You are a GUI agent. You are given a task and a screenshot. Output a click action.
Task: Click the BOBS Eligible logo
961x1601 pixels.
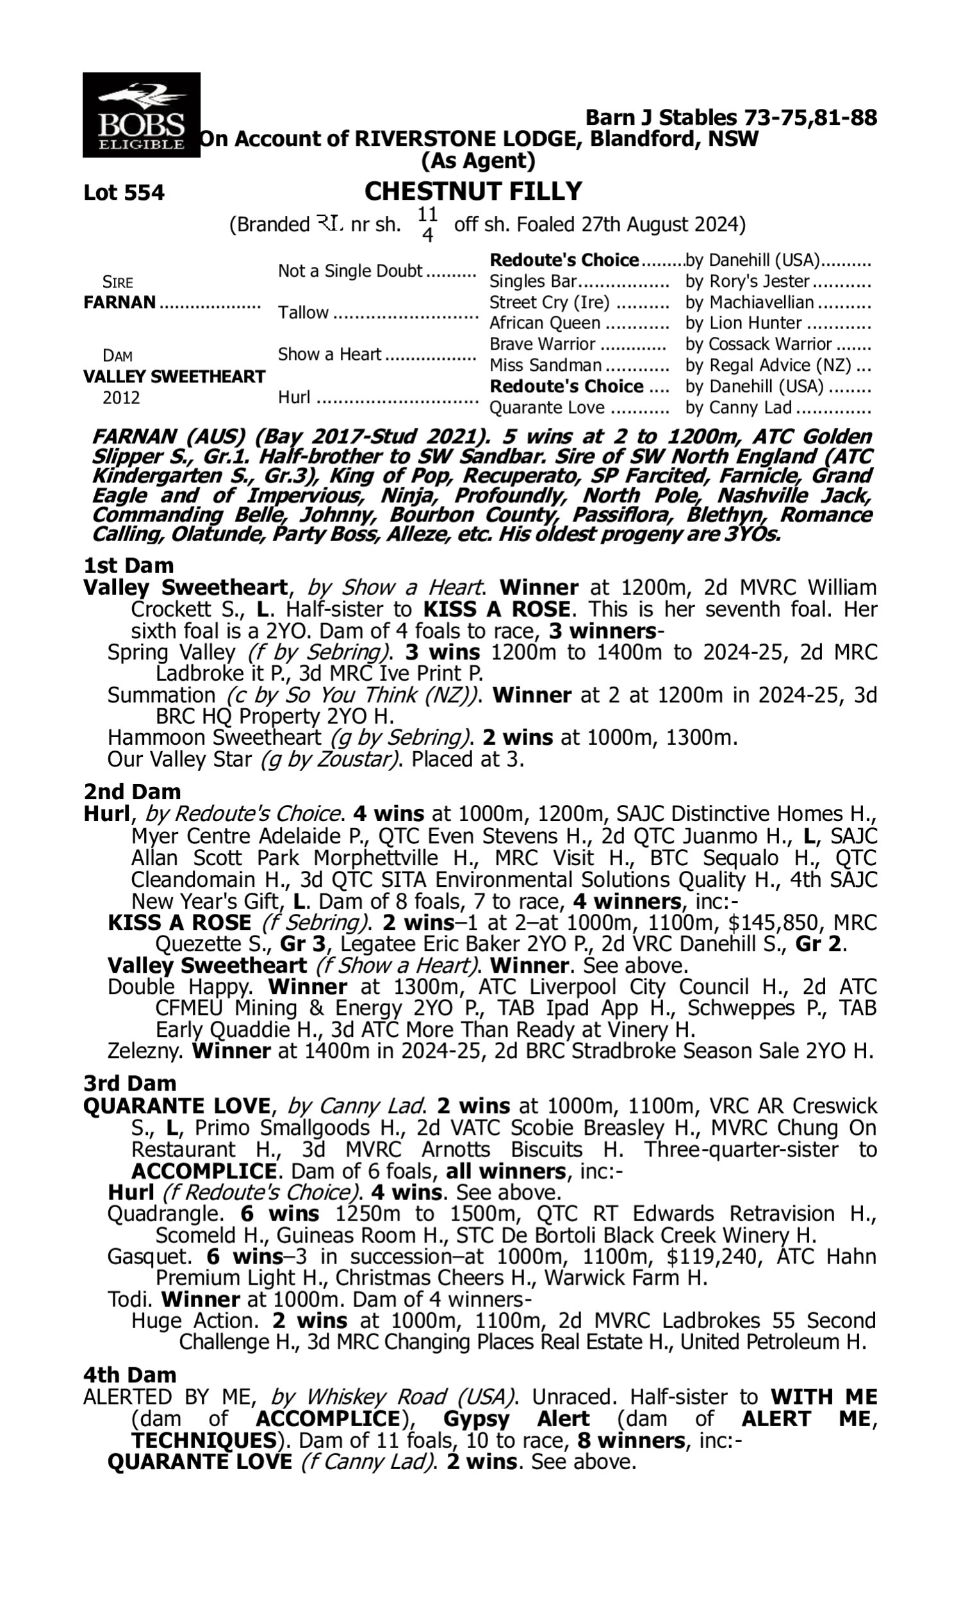141,115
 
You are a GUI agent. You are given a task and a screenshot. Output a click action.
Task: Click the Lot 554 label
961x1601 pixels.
124,193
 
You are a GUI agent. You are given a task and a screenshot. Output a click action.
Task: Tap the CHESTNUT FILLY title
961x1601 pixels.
473,191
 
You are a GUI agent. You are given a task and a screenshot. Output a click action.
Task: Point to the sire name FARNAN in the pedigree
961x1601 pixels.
120,302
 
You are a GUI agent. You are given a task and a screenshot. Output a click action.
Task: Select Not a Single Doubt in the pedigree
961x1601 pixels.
350,271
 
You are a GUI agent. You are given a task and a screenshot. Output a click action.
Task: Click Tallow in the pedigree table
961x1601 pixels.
303,313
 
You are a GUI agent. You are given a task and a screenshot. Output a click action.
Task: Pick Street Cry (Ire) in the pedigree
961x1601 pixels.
549,302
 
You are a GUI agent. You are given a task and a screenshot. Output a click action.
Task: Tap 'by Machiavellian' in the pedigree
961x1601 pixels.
749,302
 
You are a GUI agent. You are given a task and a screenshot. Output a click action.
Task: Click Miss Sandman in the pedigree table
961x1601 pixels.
545,366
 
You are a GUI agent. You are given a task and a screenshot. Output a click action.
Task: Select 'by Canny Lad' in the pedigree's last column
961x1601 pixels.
738,408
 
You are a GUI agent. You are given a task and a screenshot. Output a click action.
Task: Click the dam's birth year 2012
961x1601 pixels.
121,397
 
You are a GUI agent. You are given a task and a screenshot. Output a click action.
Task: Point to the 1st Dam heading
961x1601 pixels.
128,565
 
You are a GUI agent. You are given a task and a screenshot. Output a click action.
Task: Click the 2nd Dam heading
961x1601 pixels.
132,792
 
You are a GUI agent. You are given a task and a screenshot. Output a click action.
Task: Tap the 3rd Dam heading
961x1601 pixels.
130,1083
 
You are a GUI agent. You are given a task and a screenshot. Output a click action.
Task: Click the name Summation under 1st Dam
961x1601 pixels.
161,695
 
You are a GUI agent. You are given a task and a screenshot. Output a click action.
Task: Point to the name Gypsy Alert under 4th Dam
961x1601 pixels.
516,1418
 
